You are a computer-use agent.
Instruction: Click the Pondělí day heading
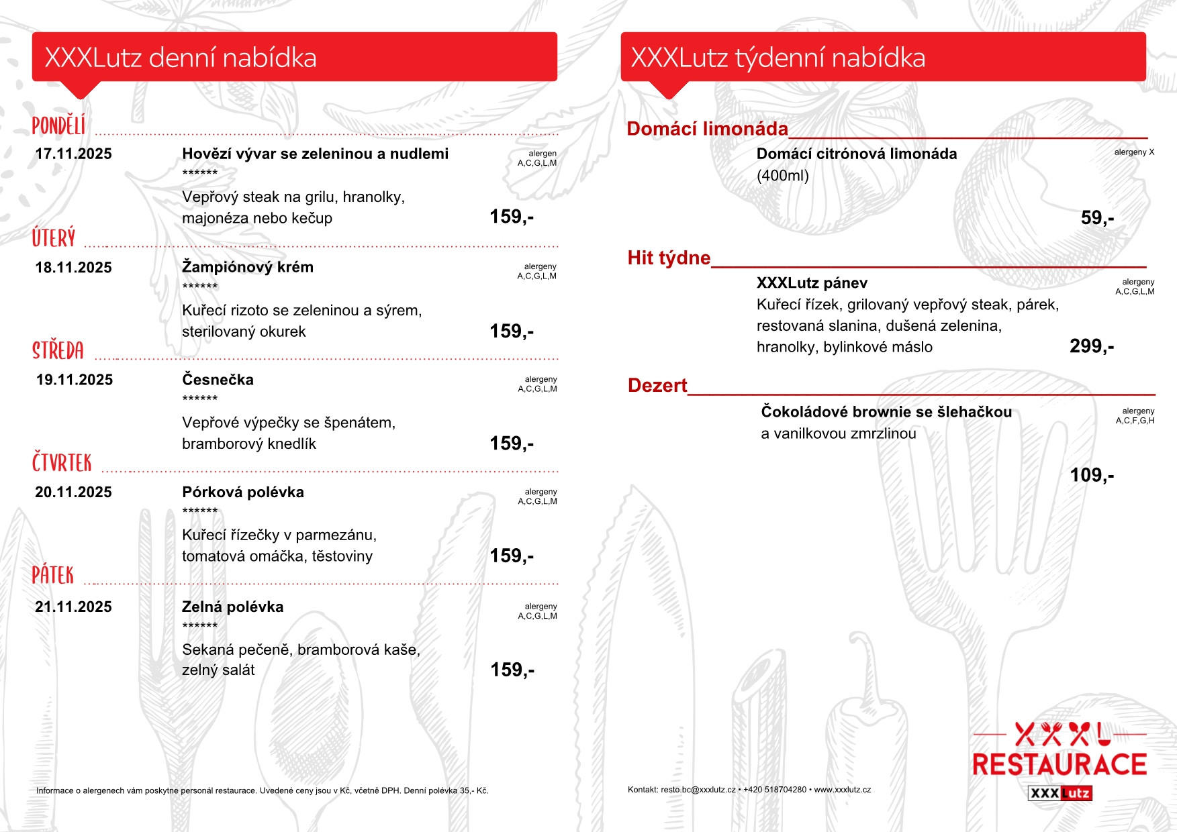(59, 125)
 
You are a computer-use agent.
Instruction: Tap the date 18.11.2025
(73, 268)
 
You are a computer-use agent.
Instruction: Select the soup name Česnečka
(218, 380)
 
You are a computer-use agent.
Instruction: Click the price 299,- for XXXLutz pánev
(1091, 346)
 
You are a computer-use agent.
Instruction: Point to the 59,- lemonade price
(1097, 218)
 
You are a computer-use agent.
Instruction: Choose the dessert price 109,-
(1091, 475)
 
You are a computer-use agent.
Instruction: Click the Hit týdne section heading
(669, 258)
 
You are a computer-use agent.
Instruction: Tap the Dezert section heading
(657, 386)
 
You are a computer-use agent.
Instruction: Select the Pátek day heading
(53, 575)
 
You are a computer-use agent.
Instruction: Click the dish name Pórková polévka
(243, 492)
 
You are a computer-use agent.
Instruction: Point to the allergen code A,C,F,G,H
(1135, 421)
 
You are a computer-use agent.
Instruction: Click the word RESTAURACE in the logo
(1060, 765)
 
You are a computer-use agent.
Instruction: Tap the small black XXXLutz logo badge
(1060, 793)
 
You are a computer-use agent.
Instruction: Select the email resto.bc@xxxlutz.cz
(698, 790)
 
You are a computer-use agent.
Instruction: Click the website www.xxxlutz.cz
(842, 790)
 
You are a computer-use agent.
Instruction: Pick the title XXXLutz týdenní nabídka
(778, 58)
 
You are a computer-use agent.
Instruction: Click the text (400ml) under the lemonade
(782, 176)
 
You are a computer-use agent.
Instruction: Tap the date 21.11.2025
(73, 607)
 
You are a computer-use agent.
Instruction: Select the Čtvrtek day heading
(62, 463)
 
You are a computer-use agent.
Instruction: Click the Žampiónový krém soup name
(248, 267)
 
